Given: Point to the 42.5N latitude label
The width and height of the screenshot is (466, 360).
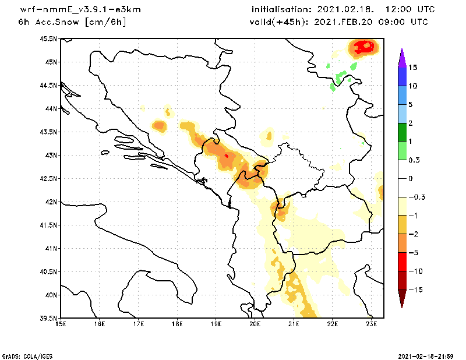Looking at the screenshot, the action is (x=48, y=179).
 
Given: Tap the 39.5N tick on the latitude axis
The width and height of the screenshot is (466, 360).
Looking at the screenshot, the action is (x=48, y=319).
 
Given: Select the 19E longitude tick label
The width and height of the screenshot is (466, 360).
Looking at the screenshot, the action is (x=216, y=324).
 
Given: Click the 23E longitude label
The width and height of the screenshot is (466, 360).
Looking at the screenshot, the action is (x=372, y=324).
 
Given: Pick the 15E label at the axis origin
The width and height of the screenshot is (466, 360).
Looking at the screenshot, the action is (x=61, y=324).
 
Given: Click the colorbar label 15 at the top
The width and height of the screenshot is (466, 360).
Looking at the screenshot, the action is (x=413, y=68).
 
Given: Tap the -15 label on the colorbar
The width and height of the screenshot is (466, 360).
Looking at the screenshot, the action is (x=416, y=290).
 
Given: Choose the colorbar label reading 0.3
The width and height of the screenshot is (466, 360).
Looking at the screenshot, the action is (x=414, y=160).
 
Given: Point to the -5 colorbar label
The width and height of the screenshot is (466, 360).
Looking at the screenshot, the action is (x=414, y=253).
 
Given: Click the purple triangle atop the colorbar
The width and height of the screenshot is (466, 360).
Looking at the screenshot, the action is (x=402, y=58).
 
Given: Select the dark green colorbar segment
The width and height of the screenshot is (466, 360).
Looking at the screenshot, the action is (x=402, y=132).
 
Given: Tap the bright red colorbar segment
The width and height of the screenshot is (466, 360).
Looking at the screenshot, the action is (x=402, y=262).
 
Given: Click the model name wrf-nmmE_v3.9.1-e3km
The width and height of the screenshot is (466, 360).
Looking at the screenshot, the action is (x=80, y=10).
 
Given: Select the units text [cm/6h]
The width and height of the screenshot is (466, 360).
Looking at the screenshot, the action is (x=105, y=22).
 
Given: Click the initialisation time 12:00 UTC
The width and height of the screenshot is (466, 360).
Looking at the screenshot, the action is (x=410, y=9).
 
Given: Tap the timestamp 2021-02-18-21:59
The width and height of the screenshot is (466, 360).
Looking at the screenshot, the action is (x=426, y=356).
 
